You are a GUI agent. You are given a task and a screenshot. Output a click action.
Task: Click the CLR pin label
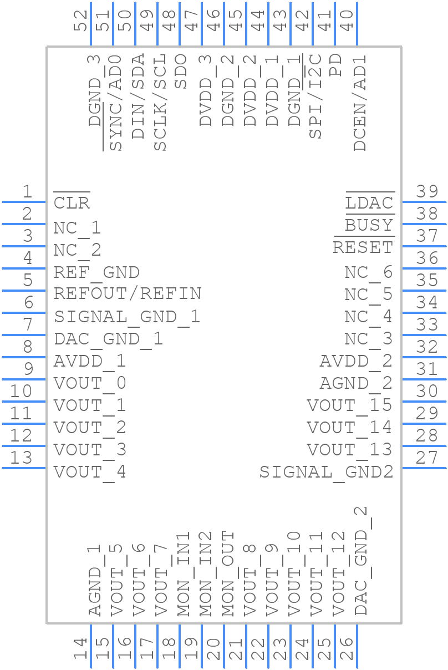tap(72, 202)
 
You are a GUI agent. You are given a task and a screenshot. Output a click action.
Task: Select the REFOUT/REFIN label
tap(128, 293)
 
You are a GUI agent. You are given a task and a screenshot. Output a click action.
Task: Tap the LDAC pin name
tap(369, 204)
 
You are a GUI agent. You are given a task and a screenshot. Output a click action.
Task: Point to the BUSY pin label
tap(369, 225)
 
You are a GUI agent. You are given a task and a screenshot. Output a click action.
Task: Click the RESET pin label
tap(363, 247)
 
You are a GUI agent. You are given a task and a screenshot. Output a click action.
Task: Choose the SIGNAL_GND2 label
tap(326, 472)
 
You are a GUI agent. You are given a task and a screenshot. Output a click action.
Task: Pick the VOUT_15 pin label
tap(349, 405)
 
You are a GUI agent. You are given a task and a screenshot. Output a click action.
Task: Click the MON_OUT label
tap(228, 574)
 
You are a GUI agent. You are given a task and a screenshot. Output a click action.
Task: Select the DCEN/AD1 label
tap(360, 103)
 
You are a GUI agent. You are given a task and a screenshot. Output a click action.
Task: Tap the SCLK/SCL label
tap(160, 103)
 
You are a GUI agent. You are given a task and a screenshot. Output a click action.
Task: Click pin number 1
tap(27, 192)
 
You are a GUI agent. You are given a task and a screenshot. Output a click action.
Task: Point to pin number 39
tap(427, 192)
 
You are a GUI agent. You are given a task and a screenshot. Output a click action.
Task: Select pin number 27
tap(427, 458)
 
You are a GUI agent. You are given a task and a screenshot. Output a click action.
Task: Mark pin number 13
tap(21, 458)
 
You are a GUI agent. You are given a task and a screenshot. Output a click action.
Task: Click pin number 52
tap(82, 21)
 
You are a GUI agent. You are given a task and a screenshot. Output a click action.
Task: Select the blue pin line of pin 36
tap(424, 268)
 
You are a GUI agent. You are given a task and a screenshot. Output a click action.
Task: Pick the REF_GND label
tap(96, 272)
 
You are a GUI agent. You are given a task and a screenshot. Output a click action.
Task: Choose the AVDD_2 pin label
tap(355, 361)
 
